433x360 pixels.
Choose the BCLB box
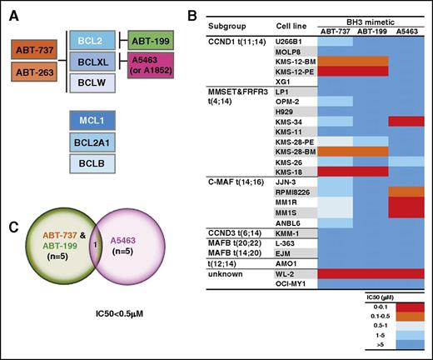click(x=96, y=166)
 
